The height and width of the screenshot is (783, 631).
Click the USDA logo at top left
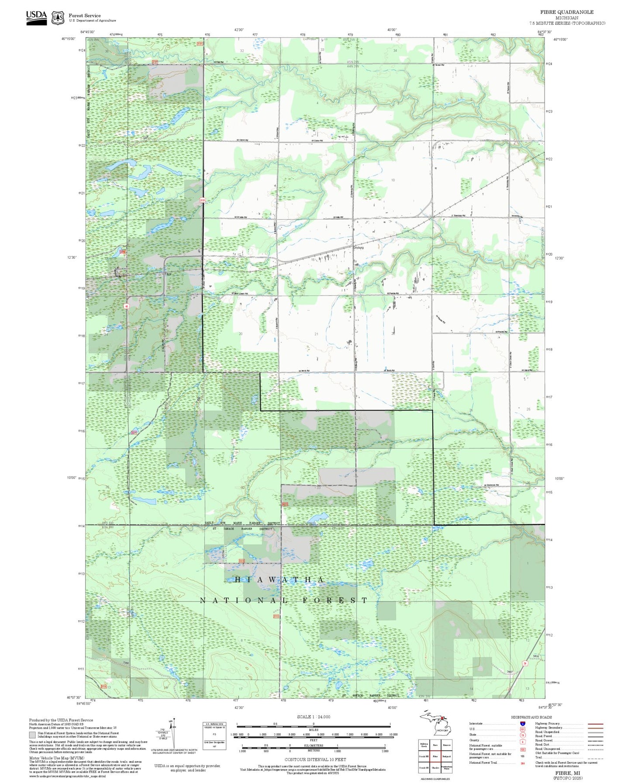[x=36, y=17]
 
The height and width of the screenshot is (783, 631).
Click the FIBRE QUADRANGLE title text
[x=566, y=12]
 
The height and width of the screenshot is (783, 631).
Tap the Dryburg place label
[x=358, y=247]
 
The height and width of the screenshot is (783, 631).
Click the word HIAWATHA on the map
[x=279, y=580]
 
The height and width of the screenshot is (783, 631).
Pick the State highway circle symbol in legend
[x=522, y=735]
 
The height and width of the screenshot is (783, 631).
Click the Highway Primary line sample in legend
[x=595, y=724]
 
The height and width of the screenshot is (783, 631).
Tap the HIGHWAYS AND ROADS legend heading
[x=531, y=717]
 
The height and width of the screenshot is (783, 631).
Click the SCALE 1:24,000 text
[x=314, y=717]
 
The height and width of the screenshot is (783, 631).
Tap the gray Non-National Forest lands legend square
[x=32, y=735]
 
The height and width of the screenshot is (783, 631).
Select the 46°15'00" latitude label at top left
[x=69, y=39]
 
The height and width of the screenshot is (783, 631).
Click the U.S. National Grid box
[x=214, y=736]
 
